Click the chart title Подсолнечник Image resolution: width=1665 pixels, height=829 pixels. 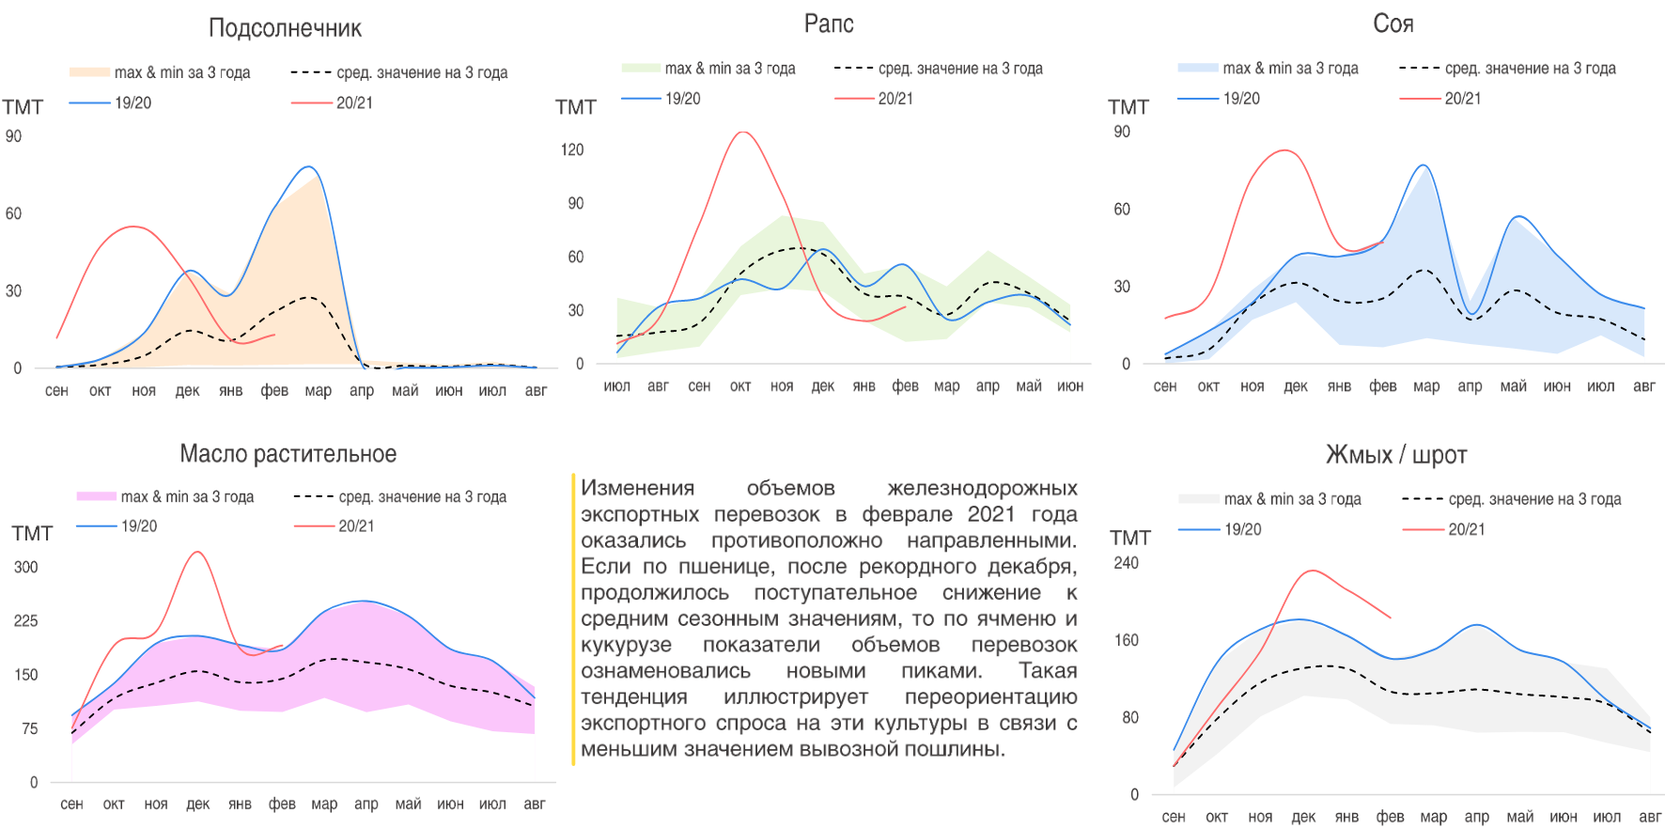(x=285, y=28)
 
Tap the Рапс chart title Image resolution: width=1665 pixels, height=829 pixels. (x=828, y=23)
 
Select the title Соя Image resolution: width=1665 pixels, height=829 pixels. (x=1393, y=23)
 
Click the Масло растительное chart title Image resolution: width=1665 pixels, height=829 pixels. (x=288, y=454)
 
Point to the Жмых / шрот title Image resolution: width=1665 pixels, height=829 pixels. (x=1395, y=455)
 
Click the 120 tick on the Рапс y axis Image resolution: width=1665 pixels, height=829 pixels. (x=572, y=149)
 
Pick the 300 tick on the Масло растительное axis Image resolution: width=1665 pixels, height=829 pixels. (x=26, y=567)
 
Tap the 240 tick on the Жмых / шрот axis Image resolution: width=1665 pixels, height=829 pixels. (x=1126, y=563)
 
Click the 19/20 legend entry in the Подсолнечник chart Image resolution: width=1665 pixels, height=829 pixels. (x=132, y=102)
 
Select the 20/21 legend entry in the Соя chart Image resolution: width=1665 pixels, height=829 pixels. (x=1462, y=98)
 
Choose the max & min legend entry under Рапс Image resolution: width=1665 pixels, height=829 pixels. (x=729, y=69)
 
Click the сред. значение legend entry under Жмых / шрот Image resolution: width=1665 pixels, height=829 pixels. (x=1534, y=499)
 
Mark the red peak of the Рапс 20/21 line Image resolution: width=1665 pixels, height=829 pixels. (x=743, y=133)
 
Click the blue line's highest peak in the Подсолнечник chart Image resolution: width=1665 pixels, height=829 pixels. (x=308, y=167)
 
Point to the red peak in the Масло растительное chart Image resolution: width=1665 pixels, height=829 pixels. (x=197, y=552)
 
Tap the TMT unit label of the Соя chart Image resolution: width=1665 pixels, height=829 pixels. (x=1128, y=107)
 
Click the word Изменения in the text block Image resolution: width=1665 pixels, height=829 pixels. (x=637, y=488)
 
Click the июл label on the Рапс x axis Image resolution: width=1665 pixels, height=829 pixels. (x=616, y=385)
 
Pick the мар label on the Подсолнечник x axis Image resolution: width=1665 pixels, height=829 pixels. (x=318, y=390)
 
